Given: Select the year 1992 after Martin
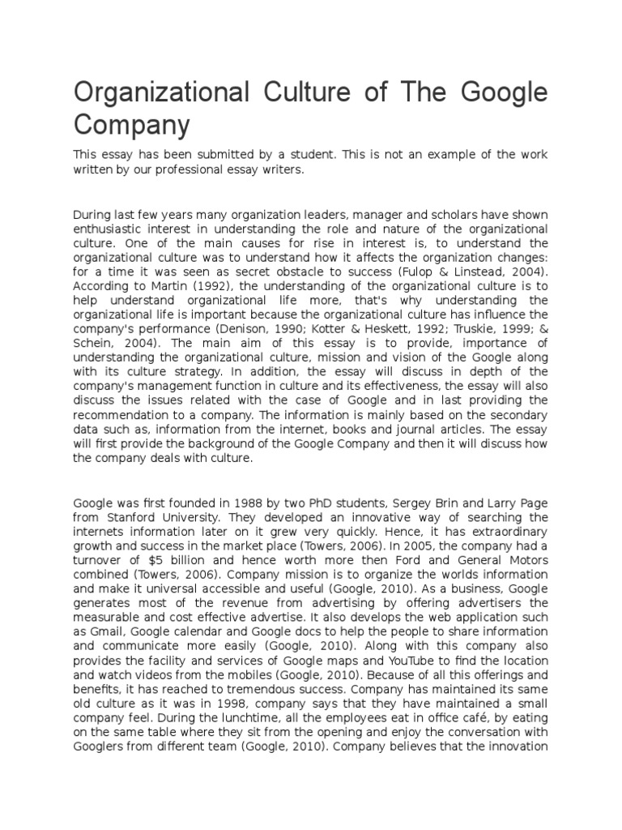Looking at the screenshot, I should click(x=207, y=287).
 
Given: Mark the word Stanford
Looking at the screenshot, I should click(x=130, y=516).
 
